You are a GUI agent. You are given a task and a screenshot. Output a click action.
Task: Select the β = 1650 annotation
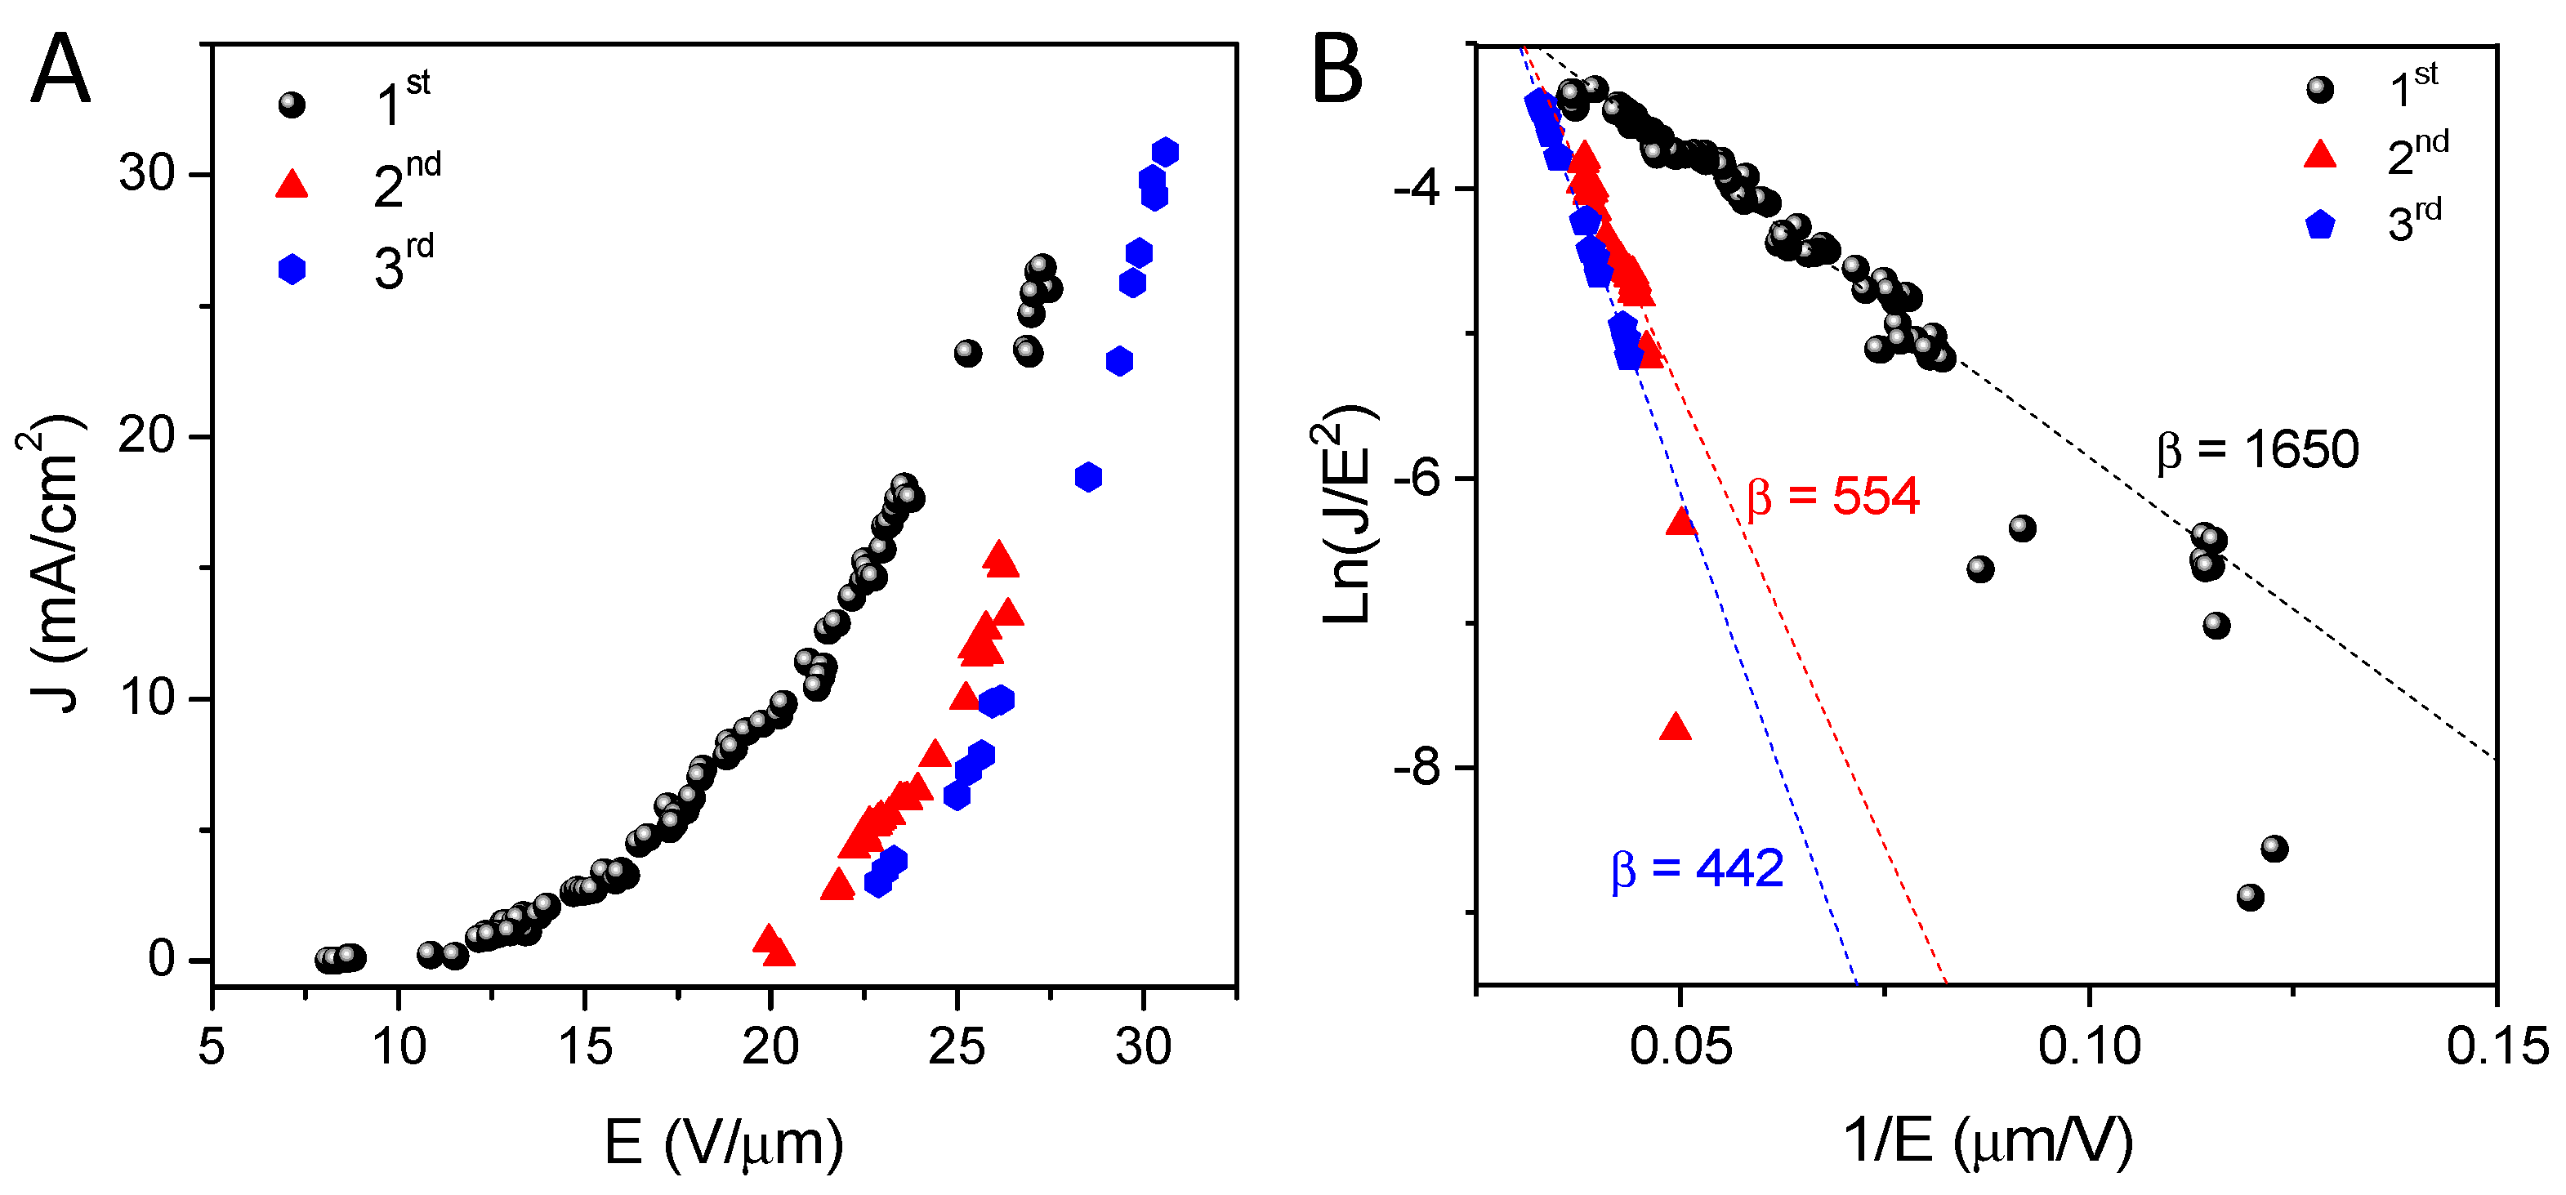coord(2257,450)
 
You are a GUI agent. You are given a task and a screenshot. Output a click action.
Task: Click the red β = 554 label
coord(1833,496)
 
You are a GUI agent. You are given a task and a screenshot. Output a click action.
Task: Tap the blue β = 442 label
coord(1698,868)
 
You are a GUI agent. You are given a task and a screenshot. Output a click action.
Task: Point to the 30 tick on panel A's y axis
coord(146,174)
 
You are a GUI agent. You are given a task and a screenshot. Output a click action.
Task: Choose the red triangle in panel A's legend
coord(292,185)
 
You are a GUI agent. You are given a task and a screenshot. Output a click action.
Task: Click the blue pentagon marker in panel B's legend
coord(2320,225)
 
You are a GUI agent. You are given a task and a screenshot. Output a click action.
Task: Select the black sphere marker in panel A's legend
coord(292,104)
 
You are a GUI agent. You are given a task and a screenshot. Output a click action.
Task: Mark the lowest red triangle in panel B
coord(1676,727)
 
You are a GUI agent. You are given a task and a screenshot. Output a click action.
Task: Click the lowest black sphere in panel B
coord(2249,897)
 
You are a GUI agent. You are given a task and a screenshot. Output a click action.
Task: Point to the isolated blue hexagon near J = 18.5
coord(1088,477)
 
